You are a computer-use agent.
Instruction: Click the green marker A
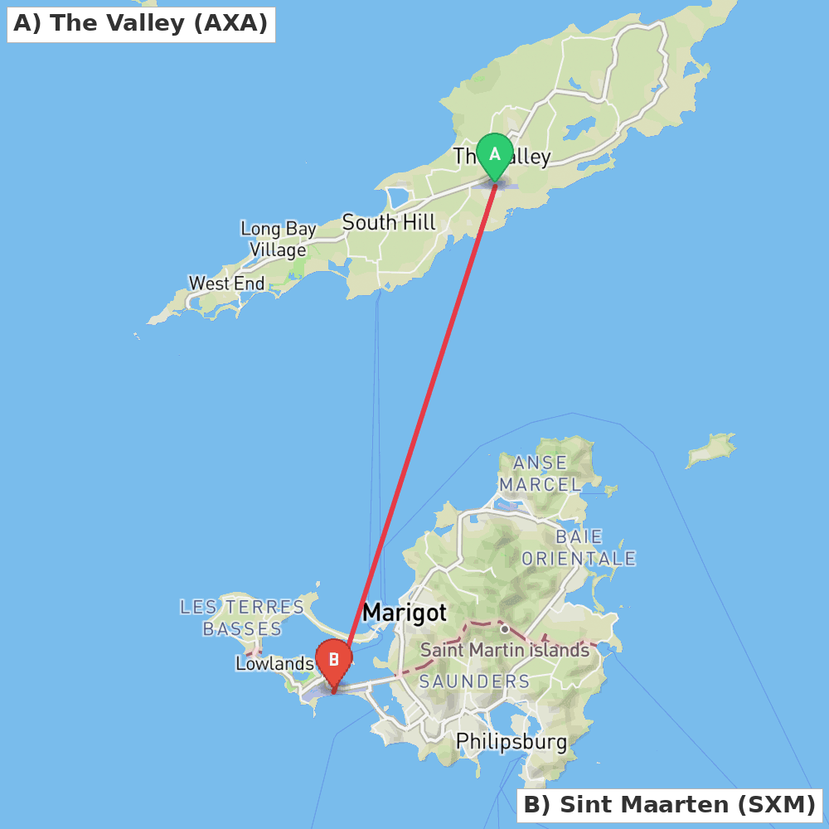[x=495, y=155]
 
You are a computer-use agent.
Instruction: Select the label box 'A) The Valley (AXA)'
[x=141, y=23]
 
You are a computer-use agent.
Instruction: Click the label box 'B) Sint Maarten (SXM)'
[x=669, y=804]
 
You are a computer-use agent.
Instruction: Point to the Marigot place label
[x=405, y=613]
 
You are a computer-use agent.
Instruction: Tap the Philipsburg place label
[x=511, y=741]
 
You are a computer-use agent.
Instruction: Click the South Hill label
[x=388, y=222]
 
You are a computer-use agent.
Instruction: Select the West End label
[x=226, y=284]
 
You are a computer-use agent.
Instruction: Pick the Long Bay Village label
[x=279, y=239]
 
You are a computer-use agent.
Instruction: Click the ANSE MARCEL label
[x=541, y=473]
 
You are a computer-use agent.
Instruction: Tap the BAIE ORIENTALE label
[x=579, y=548]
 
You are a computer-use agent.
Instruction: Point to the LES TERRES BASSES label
[x=243, y=618]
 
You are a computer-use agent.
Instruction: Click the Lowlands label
[x=274, y=663]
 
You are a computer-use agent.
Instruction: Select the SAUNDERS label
[x=474, y=681]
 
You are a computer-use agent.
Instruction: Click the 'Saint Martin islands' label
[x=504, y=650]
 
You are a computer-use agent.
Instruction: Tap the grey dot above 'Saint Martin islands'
[x=504, y=629]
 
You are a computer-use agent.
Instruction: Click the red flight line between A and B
[x=423, y=414]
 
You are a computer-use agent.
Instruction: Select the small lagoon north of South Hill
[x=397, y=197]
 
